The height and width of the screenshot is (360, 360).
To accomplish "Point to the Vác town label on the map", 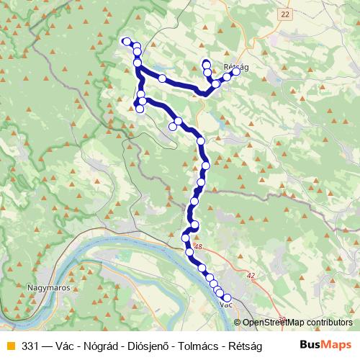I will coord(225,305).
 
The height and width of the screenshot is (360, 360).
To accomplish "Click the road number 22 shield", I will coord(286,14).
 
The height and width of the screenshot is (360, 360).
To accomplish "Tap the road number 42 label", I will coord(250,274).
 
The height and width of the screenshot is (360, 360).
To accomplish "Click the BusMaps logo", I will coord(326,343).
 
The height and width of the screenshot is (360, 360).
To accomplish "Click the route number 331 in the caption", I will coord(30,344).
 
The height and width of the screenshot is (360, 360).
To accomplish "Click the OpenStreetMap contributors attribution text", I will coord(297,323).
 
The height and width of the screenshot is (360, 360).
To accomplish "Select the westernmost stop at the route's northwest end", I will coord(126,41).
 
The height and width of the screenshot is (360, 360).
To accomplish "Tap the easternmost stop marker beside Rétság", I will coord(235,72).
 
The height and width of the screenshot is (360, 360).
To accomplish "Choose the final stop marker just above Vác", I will coord(227,297).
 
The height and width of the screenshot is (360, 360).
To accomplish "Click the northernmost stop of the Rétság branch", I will coord(207,63).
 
